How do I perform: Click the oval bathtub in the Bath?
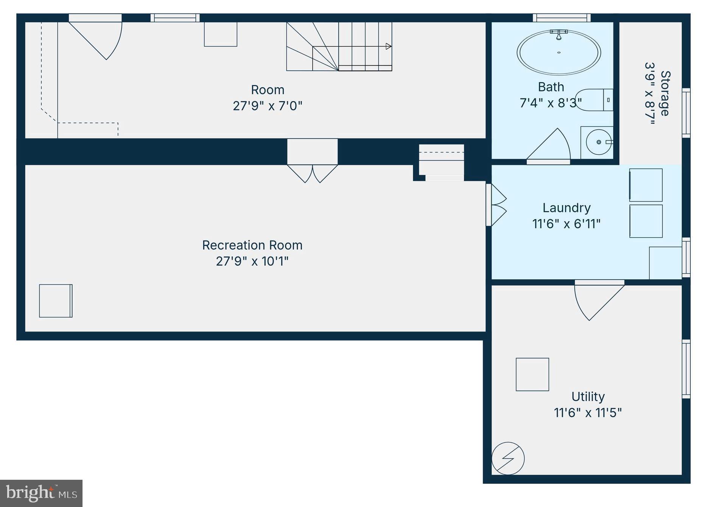(558, 53)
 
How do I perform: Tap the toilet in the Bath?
(594, 100)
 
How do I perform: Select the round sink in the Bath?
(598, 142)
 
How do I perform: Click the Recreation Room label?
(252, 245)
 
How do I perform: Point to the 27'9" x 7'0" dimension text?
(267, 106)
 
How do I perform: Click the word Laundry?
(566, 208)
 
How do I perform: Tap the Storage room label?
(665, 93)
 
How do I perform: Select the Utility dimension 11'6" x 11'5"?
(587, 412)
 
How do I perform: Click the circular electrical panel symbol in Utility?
(508, 459)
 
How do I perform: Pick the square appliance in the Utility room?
(532, 374)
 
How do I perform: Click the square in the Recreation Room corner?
(56, 301)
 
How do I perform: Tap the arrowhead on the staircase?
(388, 46)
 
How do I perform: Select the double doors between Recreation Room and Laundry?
(497, 205)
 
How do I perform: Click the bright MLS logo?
(41, 493)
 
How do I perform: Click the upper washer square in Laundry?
(646, 185)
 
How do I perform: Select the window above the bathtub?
(562, 18)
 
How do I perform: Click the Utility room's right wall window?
(686, 369)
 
